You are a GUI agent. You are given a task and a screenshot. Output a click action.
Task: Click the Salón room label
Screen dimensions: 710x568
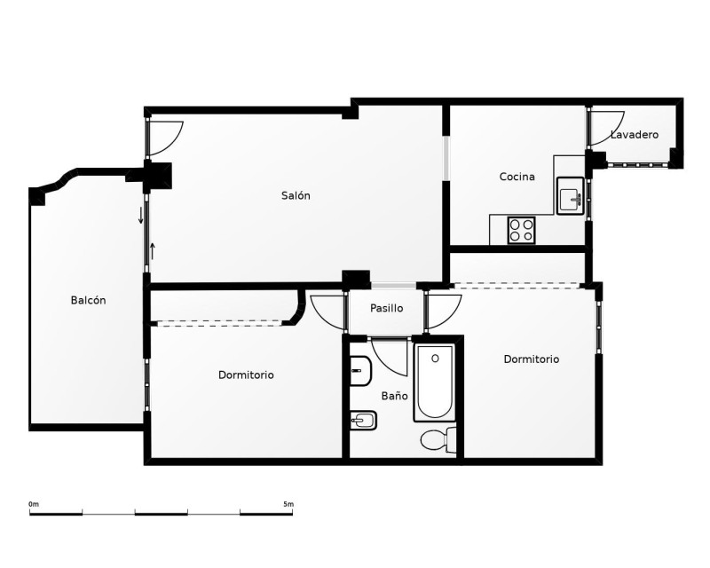point(296,195)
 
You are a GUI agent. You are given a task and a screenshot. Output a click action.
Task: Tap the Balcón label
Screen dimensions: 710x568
point(88,300)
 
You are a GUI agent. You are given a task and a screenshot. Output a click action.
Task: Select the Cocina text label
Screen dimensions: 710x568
point(517,177)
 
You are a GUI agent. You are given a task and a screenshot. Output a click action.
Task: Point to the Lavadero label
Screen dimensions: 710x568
point(635,135)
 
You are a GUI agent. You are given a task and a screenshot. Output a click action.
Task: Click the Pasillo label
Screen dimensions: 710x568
point(386,308)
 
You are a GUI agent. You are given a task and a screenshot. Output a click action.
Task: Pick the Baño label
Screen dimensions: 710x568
point(394,396)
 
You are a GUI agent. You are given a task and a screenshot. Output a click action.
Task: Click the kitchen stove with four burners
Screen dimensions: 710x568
point(521,230)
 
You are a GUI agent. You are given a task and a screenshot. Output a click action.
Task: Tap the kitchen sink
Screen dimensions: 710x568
point(570,195)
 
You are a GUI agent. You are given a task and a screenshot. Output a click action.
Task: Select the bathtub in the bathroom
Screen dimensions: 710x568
point(435,383)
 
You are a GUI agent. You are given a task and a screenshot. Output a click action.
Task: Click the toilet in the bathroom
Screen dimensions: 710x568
point(438,439)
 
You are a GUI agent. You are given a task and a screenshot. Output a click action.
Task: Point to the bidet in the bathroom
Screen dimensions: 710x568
point(363,421)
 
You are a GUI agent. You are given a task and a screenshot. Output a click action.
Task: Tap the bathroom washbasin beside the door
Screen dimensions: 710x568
point(360,371)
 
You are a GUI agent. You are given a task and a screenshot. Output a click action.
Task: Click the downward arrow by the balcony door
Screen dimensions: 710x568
point(141,215)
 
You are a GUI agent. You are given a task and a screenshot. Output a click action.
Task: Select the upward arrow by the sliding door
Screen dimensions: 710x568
point(153,251)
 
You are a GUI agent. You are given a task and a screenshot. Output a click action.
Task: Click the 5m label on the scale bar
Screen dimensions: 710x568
point(288,504)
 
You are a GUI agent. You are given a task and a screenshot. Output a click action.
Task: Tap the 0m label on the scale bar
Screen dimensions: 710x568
point(34,504)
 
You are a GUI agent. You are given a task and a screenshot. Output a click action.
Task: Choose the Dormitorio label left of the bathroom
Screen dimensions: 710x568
point(246,375)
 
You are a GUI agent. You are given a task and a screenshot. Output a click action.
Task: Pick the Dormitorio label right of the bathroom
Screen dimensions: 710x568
point(531,359)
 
